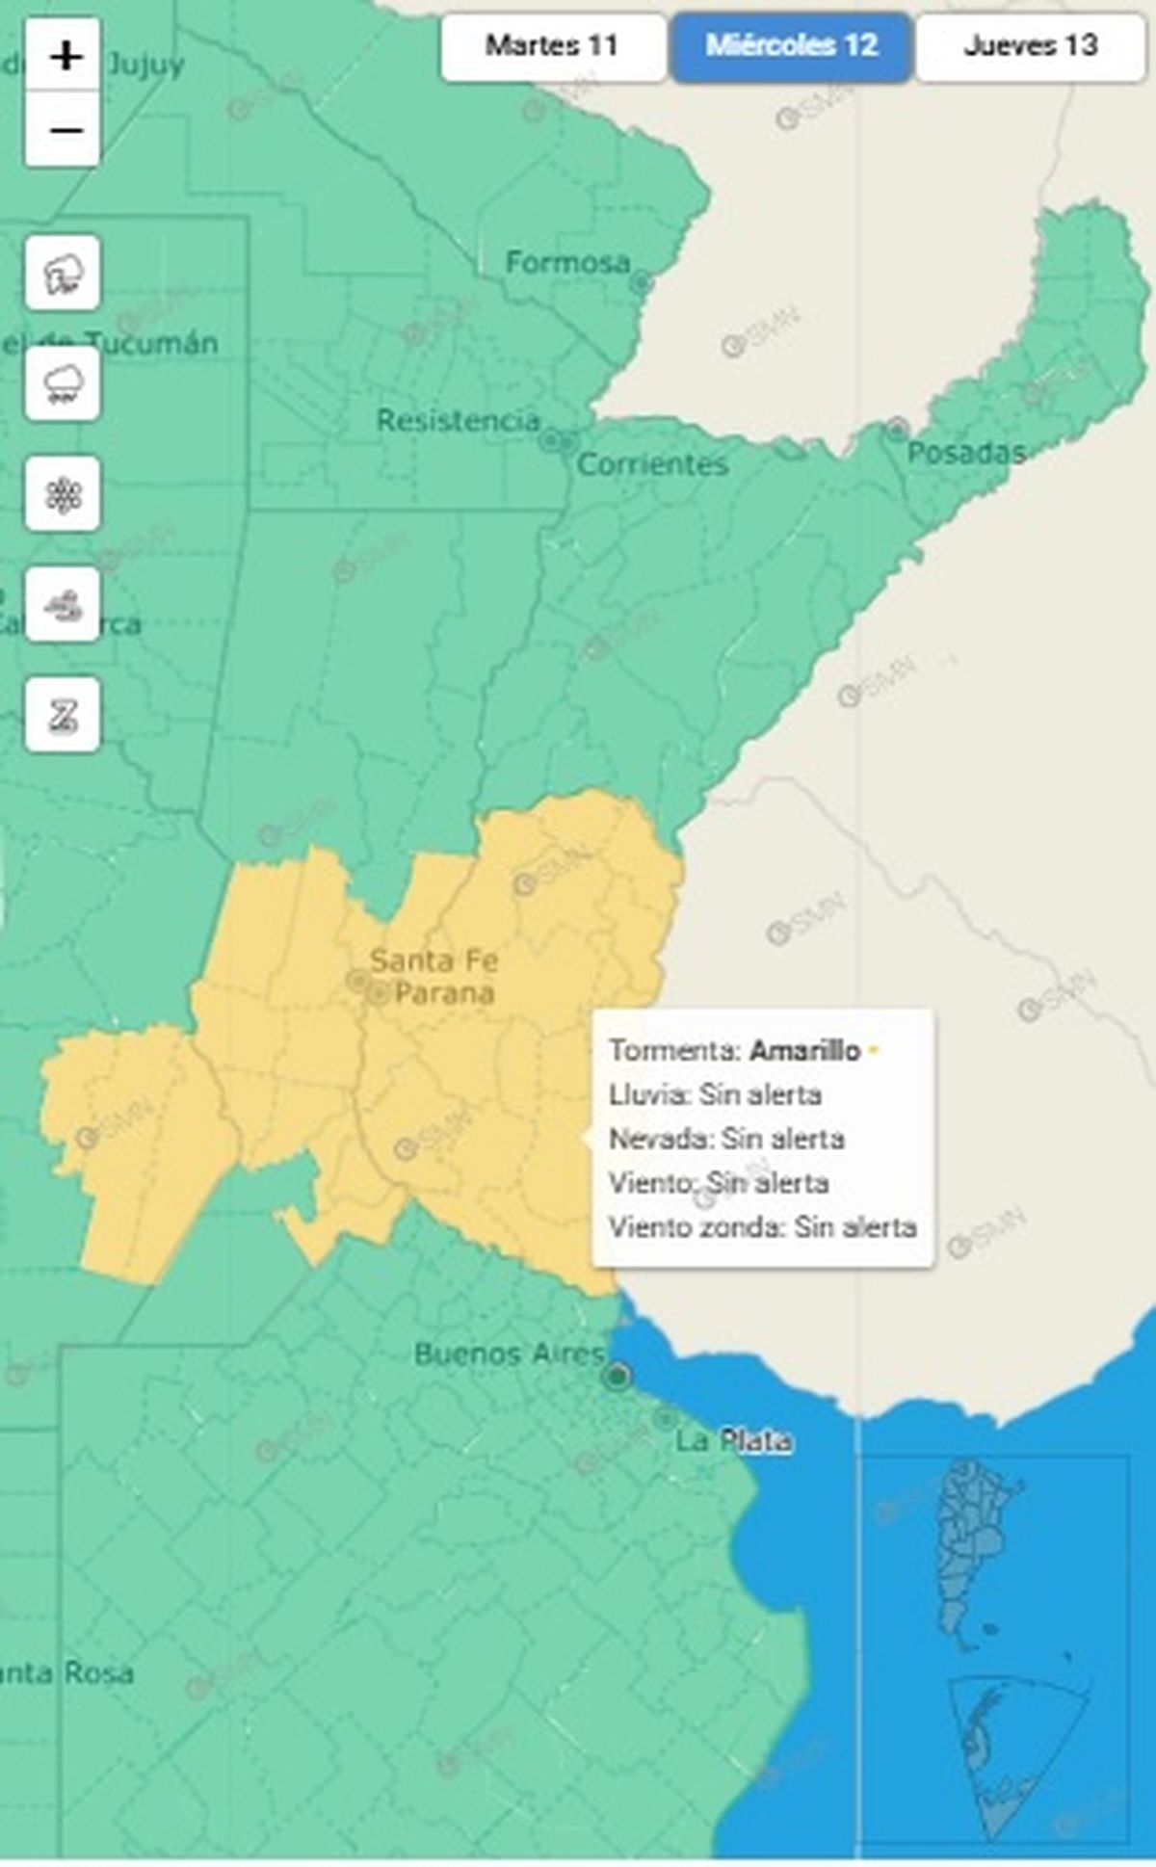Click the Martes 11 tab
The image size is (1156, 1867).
pyautogui.click(x=552, y=45)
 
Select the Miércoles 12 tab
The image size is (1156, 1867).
pyautogui.click(x=791, y=45)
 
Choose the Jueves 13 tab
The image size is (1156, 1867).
pyautogui.click(x=1030, y=45)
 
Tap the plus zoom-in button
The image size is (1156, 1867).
pyautogui.click(x=64, y=57)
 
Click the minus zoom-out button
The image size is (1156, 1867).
pyautogui.click(x=64, y=130)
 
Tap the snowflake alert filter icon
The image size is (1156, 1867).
pyautogui.click(x=63, y=494)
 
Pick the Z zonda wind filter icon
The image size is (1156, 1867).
pyautogui.click(x=63, y=715)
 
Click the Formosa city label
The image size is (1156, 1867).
pyautogui.click(x=567, y=262)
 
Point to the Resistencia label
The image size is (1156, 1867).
pyautogui.click(x=458, y=421)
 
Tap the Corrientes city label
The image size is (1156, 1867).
pyautogui.click(x=652, y=464)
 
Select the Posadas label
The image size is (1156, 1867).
pyautogui.click(x=965, y=453)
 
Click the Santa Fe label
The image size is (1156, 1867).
pyautogui.click(x=433, y=960)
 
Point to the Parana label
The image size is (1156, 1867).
pyautogui.click(x=444, y=992)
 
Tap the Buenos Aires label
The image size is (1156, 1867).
pyautogui.click(x=510, y=1354)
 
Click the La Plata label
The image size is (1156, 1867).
pyautogui.click(x=733, y=1441)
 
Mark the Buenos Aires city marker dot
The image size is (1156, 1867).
pyautogui.click(x=617, y=1376)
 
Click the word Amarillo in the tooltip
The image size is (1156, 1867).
pyautogui.click(x=804, y=1050)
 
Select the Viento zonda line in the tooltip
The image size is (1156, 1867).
pyautogui.click(x=762, y=1227)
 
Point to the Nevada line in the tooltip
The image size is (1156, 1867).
pyautogui.click(x=726, y=1139)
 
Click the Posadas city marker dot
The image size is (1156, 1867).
pyautogui.click(x=897, y=428)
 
